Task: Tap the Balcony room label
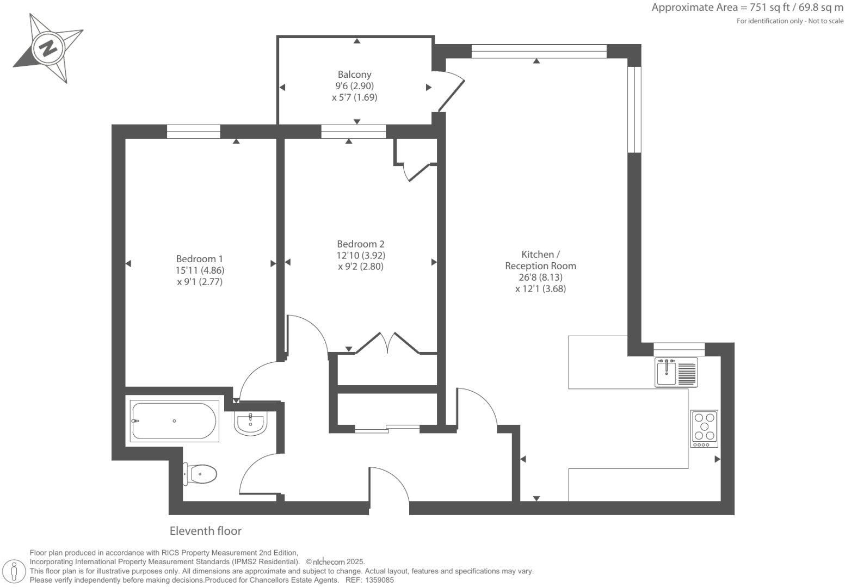click(354, 75)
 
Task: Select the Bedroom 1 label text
click(199, 259)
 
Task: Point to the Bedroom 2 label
click(360, 244)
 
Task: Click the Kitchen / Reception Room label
click(540, 260)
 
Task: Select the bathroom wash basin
click(250, 424)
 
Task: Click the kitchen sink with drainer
click(676, 373)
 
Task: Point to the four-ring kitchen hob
click(704, 428)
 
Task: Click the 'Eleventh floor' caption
click(205, 531)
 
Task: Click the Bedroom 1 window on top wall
click(193, 132)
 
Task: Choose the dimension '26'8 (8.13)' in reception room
click(540, 277)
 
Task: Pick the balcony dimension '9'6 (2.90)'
click(354, 86)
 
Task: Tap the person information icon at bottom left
click(15, 571)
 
